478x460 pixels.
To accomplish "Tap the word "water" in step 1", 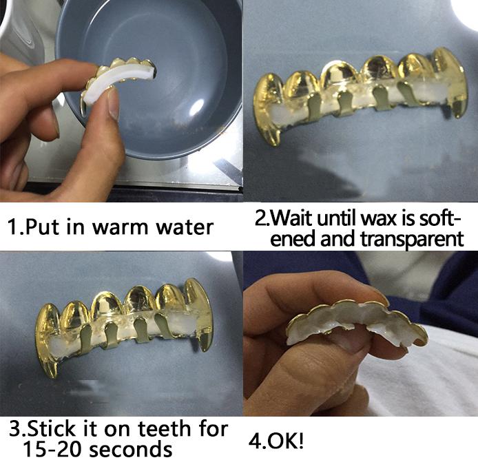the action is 185,228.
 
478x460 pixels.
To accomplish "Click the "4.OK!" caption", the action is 276,441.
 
